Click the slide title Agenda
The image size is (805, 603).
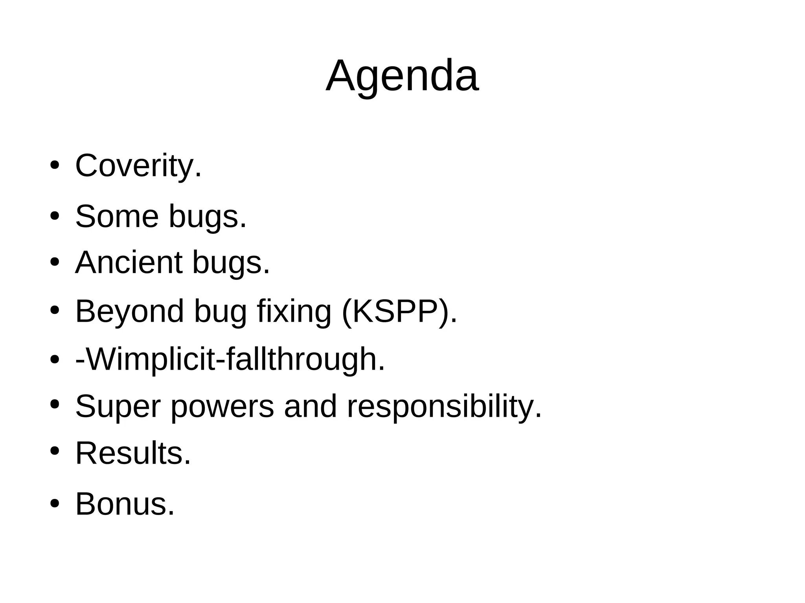click(402, 75)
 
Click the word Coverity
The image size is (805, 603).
click(138, 166)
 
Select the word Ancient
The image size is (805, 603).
click(129, 262)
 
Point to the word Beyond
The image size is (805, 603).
click(129, 312)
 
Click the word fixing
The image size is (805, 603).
click(294, 312)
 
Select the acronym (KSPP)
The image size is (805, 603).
click(399, 312)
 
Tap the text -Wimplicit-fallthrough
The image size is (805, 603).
click(230, 359)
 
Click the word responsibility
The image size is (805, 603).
click(444, 407)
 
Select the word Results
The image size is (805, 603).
click(133, 453)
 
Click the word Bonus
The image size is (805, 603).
click(125, 504)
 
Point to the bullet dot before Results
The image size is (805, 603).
click(55, 451)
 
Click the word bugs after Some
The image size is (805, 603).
click(208, 217)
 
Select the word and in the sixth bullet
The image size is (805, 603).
click(311, 407)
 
